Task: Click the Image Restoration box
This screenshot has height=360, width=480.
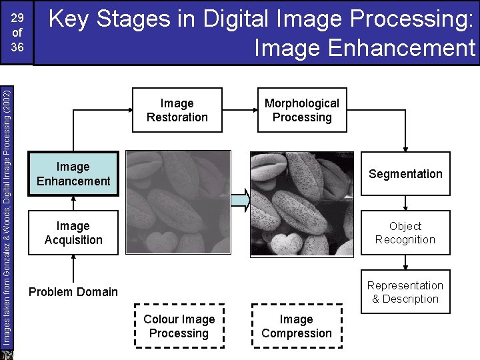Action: coord(177,110)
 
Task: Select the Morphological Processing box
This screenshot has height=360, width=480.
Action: coord(301,110)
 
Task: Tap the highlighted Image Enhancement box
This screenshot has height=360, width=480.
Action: coord(73,174)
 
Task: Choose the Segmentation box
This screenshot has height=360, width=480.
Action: coord(405,174)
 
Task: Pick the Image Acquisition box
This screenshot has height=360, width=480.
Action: coord(73,233)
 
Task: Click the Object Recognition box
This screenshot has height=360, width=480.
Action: coord(405,233)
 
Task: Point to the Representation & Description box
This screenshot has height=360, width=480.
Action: coord(405,292)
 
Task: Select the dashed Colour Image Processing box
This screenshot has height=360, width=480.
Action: coord(179,326)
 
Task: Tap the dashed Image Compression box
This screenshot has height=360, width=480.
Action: coord(297,326)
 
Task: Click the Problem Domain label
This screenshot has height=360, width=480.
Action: coord(73,292)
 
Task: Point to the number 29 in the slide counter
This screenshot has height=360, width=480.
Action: coord(17,17)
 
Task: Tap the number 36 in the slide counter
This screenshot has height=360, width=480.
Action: coord(17,47)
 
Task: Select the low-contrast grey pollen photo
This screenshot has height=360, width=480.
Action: coord(179,203)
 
